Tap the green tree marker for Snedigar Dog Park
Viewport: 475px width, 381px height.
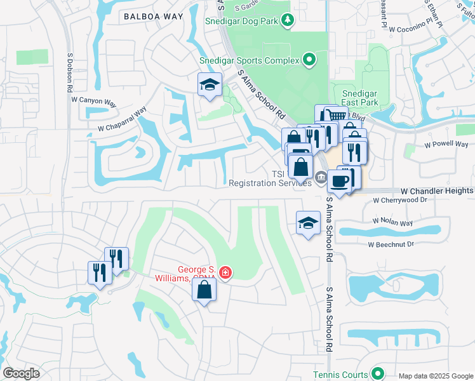click(x=288, y=20)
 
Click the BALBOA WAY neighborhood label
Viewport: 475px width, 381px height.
click(x=149, y=17)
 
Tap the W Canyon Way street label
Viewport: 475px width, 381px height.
click(x=95, y=100)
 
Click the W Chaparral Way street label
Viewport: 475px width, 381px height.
click(x=122, y=119)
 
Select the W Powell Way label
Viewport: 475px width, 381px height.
click(x=446, y=144)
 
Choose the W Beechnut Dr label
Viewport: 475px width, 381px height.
click(x=391, y=244)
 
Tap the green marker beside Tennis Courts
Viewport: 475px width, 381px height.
click(x=378, y=374)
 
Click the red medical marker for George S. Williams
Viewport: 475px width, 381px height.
click(x=224, y=272)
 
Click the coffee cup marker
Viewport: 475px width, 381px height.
click(x=340, y=182)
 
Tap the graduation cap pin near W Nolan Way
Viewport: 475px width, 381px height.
click(x=308, y=223)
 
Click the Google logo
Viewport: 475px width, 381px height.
click(x=21, y=373)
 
